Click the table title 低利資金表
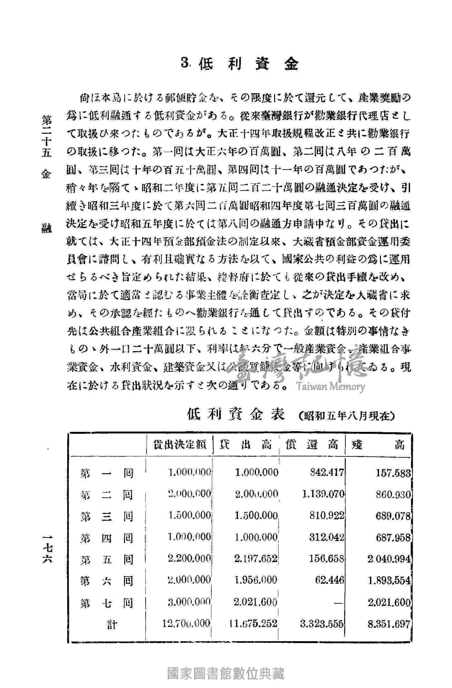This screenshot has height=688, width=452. [x=236, y=414]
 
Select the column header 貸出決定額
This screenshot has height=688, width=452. [x=180, y=445]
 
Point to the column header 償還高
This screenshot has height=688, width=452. [x=312, y=445]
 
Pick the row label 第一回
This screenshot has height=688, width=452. [x=107, y=474]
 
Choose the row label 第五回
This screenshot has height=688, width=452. [x=107, y=560]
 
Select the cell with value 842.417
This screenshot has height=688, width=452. [x=327, y=473]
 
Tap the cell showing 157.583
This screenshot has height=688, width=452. [x=394, y=473]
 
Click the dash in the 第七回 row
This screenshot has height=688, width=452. [x=338, y=603]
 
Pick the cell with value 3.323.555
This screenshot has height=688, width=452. [x=321, y=623]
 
